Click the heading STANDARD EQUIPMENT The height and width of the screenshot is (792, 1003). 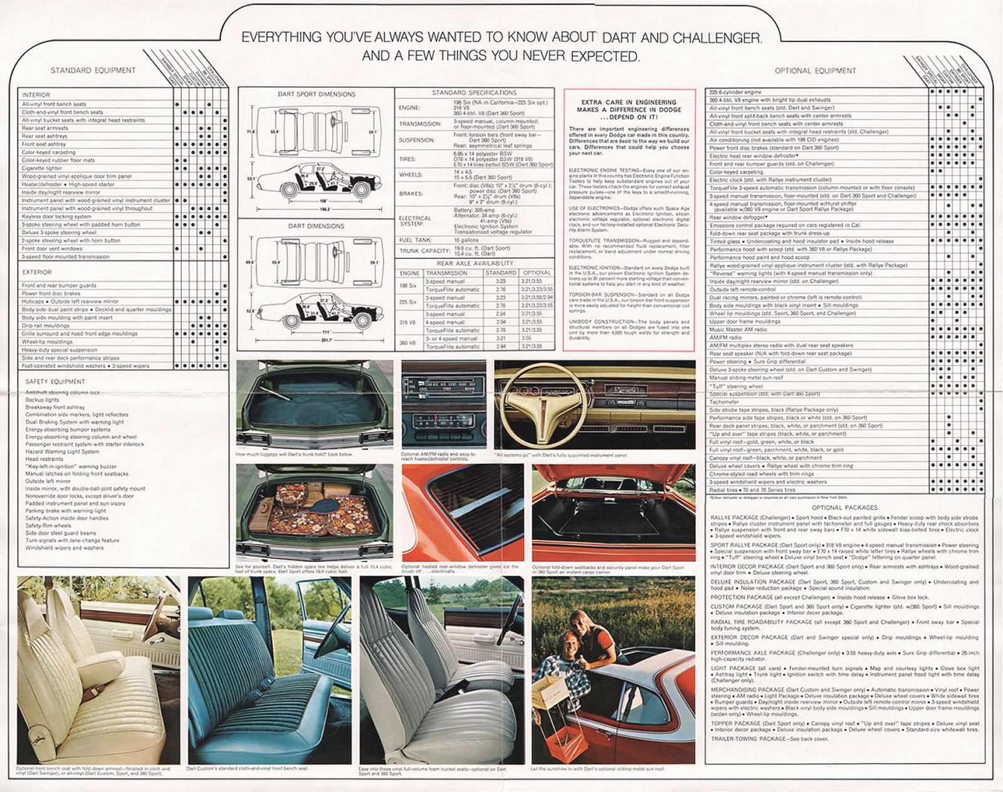pos(93,70)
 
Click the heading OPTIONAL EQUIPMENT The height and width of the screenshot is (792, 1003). pos(815,71)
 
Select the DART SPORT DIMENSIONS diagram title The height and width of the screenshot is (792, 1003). pos(316,94)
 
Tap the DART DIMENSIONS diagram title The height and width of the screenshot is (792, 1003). pos(316,226)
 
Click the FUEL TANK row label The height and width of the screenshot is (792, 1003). pos(415,240)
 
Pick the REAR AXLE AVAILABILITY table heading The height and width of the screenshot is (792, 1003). pos(475,263)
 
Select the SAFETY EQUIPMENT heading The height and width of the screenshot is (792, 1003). pos(55,381)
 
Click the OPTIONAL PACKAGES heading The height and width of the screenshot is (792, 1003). pos(844,507)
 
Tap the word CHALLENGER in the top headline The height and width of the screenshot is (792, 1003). pos(717,38)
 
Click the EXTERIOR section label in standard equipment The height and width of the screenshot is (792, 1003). pos(37,272)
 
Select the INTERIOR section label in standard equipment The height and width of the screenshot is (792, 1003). pos(36,95)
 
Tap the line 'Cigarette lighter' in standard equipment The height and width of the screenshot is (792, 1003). pos(42,168)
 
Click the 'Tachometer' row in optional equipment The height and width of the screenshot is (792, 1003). pos(724,402)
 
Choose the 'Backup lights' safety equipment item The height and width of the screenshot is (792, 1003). pos(42,399)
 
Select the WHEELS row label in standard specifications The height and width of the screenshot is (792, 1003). pos(411,175)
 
